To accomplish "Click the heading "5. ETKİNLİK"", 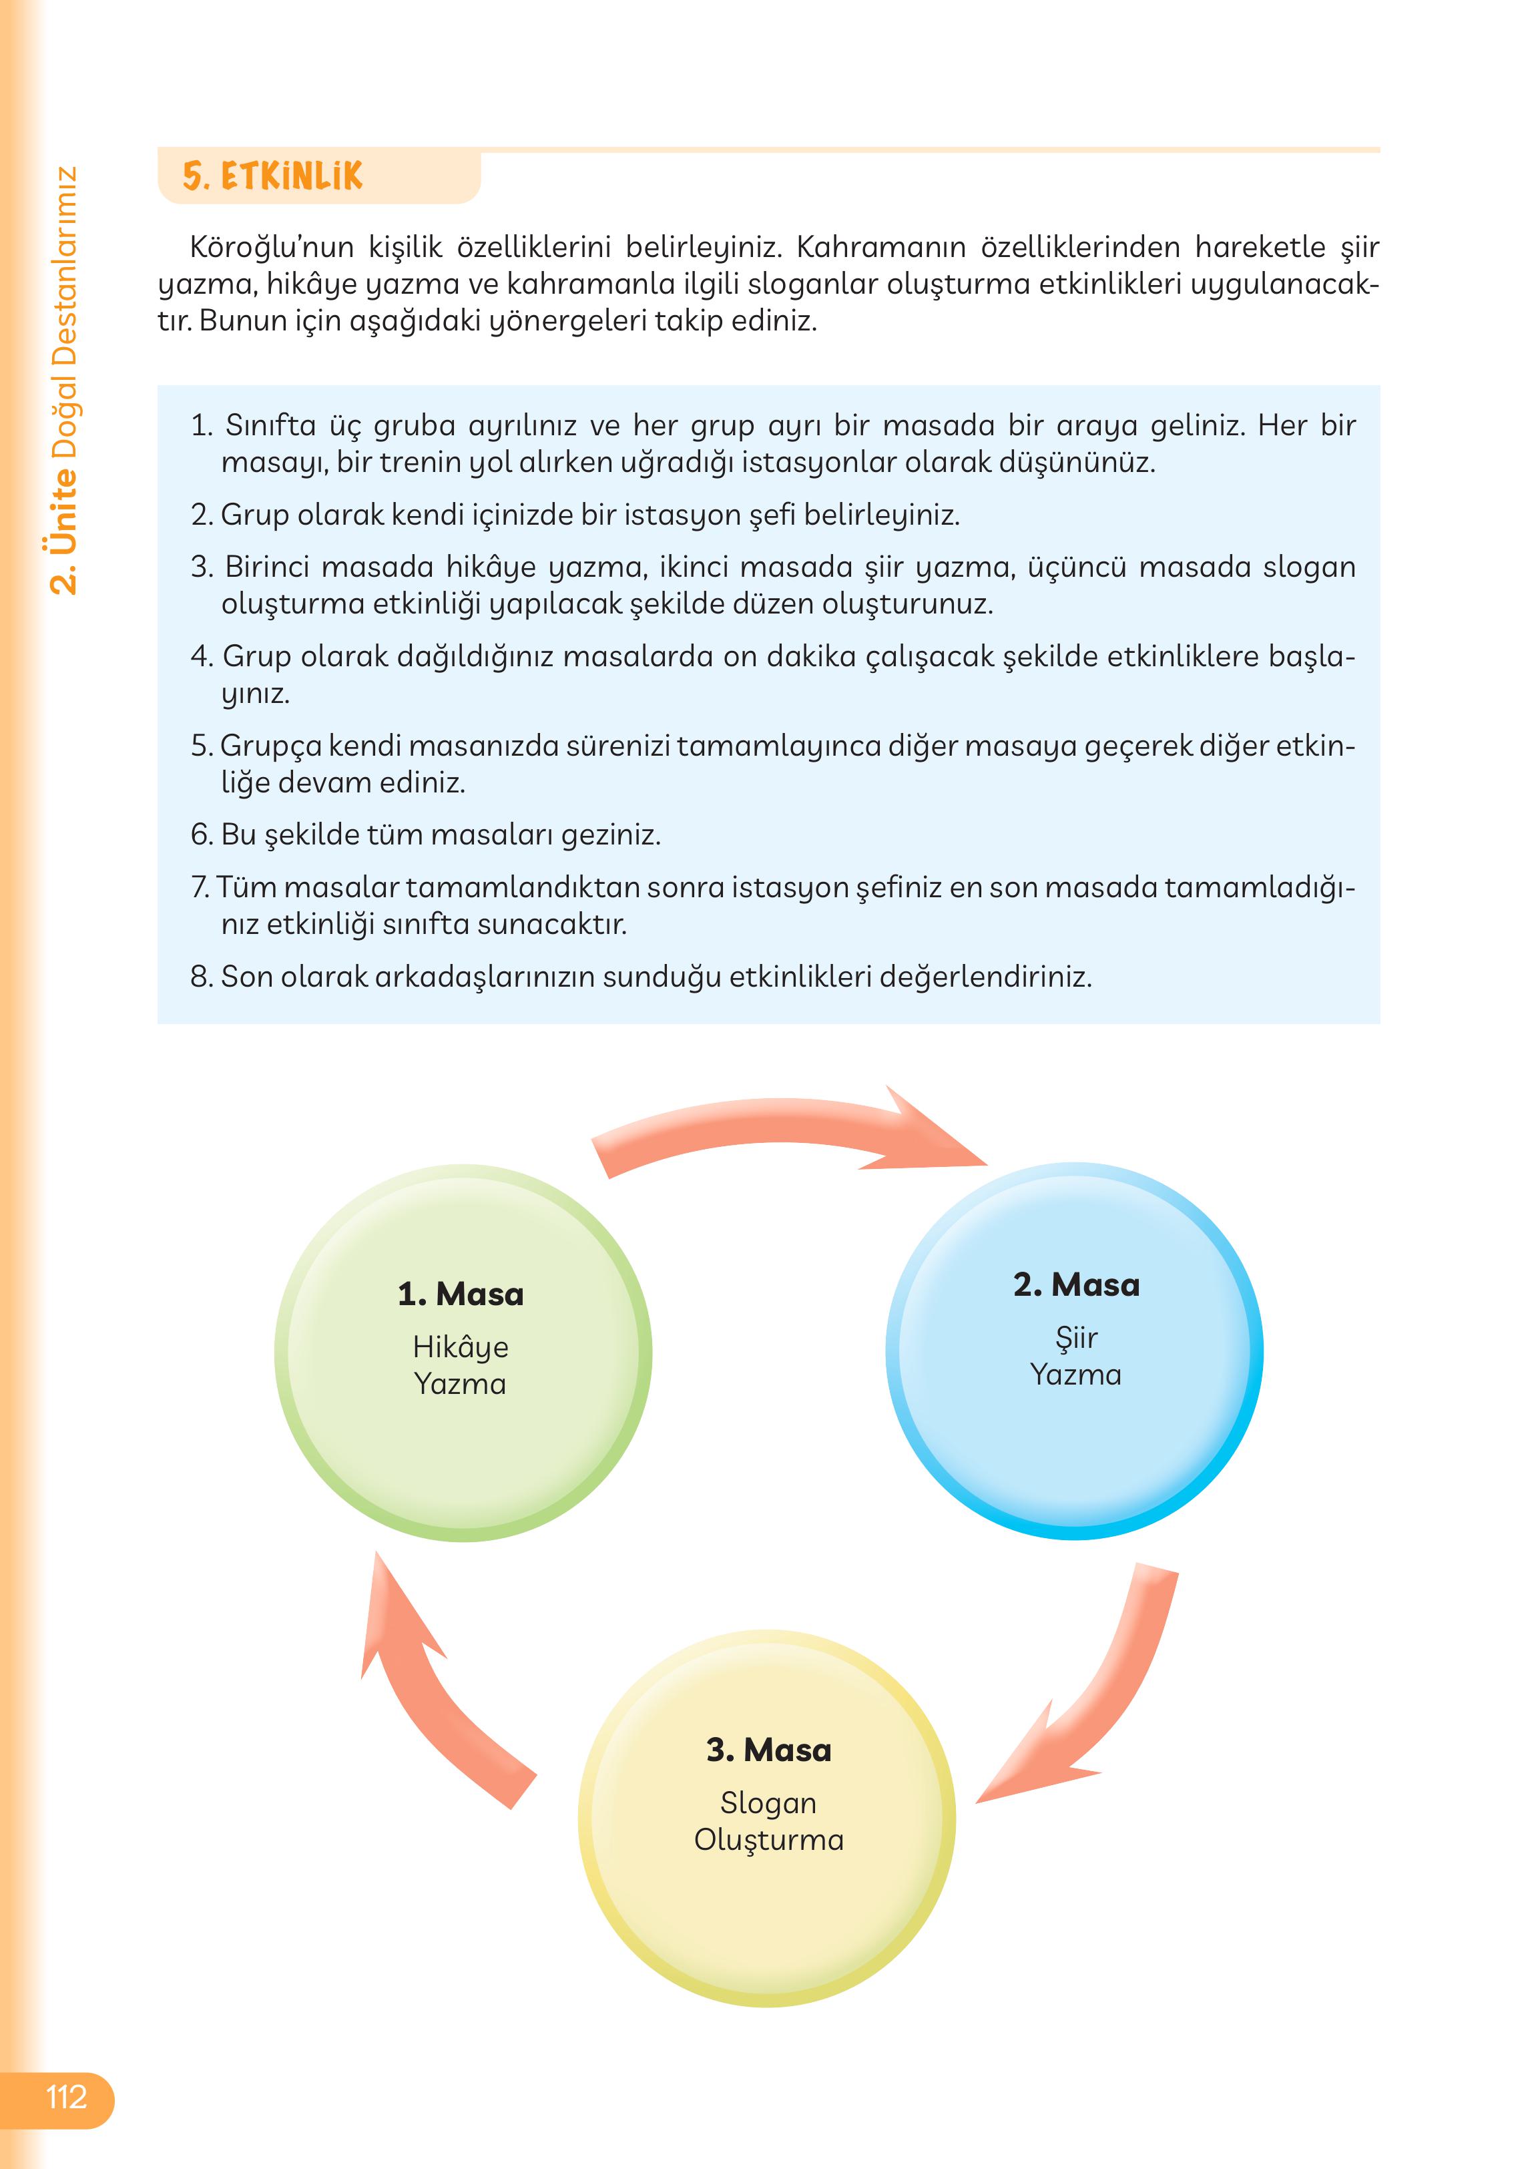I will click(273, 177).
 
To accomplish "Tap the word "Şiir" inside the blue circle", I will click(1076, 1337).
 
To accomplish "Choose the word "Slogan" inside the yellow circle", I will click(768, 1802).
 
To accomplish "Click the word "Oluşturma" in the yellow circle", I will click(768, 1839).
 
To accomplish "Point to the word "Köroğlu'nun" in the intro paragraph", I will click(272, 247).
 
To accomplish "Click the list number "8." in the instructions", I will click(202, 977).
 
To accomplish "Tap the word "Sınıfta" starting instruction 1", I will click(270, 425).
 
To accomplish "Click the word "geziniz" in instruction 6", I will click(607, 834).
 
